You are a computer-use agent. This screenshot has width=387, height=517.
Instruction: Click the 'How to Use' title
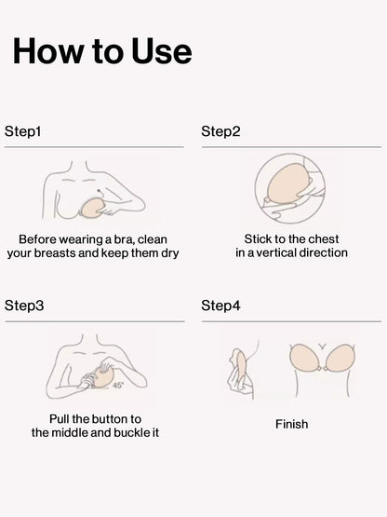point(102,51)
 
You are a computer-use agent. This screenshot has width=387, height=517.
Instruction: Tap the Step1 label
point(22,131)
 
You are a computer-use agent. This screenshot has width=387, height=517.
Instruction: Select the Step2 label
point(220,131)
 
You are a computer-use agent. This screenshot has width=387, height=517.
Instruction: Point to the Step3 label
point(24,306)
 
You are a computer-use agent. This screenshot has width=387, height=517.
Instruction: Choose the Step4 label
point(220,306)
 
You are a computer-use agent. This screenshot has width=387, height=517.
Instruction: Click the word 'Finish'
point(292,424)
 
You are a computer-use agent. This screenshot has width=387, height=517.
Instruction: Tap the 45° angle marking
point(118,385)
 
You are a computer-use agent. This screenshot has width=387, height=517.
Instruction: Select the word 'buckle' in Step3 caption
point(132,432)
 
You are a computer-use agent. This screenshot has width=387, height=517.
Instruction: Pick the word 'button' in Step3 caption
point(110,419)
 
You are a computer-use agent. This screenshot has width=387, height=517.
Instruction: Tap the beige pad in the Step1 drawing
point(92,208)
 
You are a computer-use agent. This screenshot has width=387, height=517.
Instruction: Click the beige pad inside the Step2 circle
point(288,182)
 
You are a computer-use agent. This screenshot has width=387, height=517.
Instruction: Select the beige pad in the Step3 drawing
point(104,376)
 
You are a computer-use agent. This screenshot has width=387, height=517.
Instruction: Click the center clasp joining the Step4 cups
point(323,368)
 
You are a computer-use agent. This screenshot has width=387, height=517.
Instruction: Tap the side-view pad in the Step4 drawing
point(241,366)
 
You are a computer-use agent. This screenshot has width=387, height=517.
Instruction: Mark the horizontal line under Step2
point(291,147)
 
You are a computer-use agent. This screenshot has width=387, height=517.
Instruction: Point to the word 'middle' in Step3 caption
point(69,432)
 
